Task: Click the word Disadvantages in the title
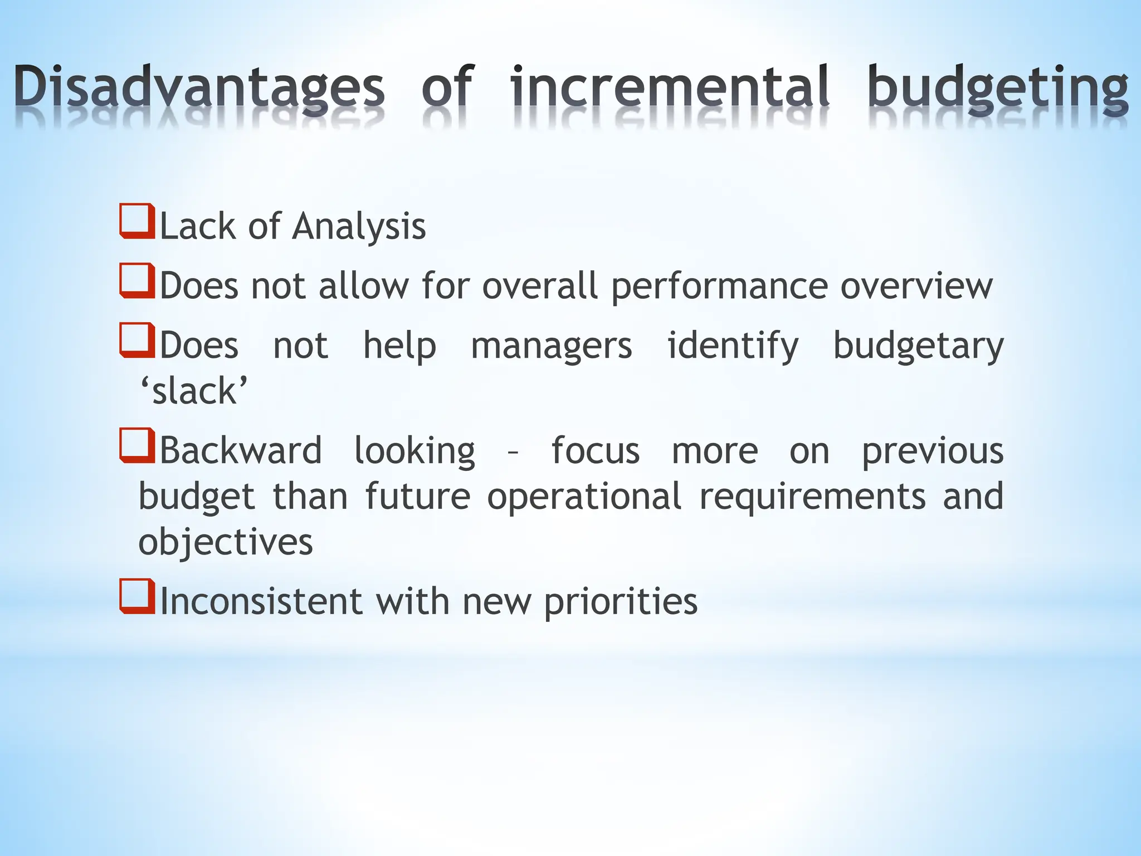pyautogui.click(x=199, y=88)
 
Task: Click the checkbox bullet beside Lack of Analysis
pyautogui.click(x=137, y=222)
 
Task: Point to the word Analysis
pyautogui.click(x=359, y=227)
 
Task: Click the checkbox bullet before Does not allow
pyautogui.click(x=137, y=281)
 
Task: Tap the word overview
pyautogui.click(x=916, y=286)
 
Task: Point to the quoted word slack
pyautogui.click(x=194, y=391)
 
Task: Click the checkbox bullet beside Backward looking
pyautogui.click(x=137, y=445)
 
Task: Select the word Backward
pyautogui.click(x=241, y=450)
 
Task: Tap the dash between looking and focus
pyautogui.click(x=513, y=453)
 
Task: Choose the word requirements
pyautogui.click(x=812, y=497)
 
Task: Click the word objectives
pyautogui.click(x=226, y=542)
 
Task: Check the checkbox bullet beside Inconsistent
pyautogui.click(x=137, y=596)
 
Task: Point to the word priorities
pyautogui.click(x=620, y=602)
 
